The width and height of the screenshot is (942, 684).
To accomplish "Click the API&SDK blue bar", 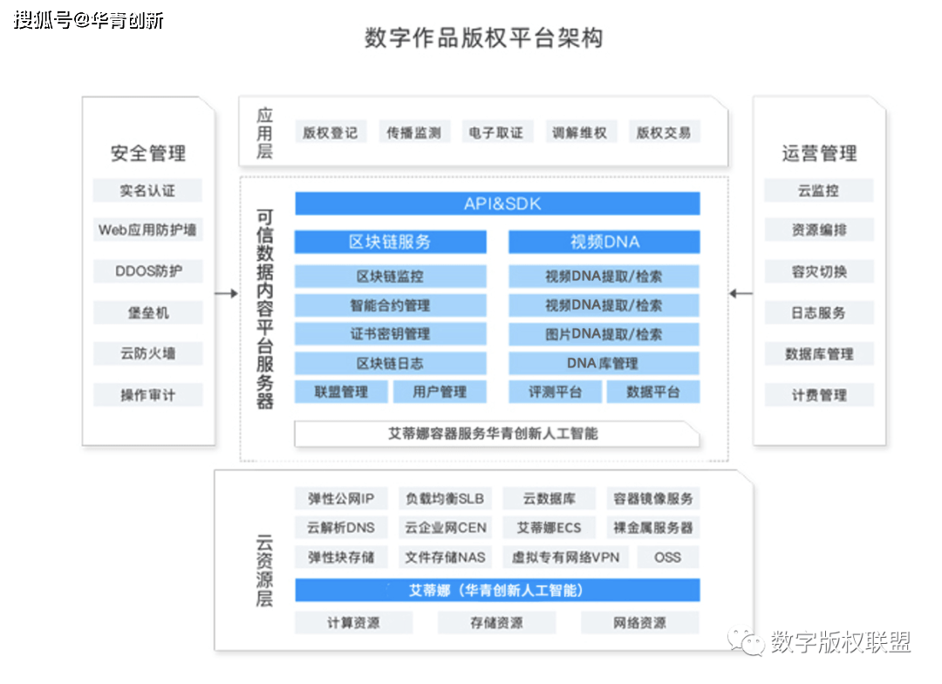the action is point(497,204).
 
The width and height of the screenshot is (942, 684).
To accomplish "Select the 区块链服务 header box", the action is point(391,242).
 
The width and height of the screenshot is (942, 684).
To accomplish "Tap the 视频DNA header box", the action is point(604,242).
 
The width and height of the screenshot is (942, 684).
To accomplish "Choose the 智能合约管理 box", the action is point(391,305).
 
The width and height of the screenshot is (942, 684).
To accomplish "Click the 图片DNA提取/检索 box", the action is point(604,334).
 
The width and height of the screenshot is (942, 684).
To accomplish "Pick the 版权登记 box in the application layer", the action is point(330,133).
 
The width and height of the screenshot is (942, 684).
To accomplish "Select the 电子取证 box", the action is point(496,133).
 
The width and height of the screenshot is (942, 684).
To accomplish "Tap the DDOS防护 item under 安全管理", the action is point(147,271).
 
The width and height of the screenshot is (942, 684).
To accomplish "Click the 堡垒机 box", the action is point(147,312).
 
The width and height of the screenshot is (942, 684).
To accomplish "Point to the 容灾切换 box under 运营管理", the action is point(819,271).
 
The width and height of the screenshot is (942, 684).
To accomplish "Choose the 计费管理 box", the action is point(819,395).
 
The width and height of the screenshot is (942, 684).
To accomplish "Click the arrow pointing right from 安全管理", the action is point(227,293).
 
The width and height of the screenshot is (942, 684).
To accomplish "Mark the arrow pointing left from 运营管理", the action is point(741,293).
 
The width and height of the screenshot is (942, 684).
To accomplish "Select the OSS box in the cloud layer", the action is point(668,557).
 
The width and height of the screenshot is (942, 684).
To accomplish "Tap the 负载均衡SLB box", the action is point(445,499).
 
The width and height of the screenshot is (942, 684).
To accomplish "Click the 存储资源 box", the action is point(497,623).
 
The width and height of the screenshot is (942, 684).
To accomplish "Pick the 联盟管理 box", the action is point(341,392).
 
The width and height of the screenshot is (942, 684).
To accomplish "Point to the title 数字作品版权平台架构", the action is point(483,38).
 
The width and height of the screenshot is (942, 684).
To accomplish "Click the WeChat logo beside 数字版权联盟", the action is point(746,642).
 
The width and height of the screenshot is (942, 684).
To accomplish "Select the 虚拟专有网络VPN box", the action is point(565,557).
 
